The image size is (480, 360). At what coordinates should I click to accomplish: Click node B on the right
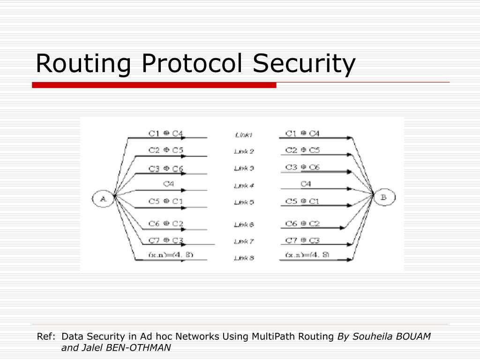[383, 198]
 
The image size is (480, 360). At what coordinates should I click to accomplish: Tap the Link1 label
[244, 135]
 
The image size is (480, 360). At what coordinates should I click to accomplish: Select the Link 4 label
[244, 186]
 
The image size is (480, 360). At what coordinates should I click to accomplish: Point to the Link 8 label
[244, 258]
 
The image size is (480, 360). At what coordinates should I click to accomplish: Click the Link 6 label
[244, 225]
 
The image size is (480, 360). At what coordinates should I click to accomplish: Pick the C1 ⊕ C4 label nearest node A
[166, 133]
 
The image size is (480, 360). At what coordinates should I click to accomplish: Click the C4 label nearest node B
[306, 184]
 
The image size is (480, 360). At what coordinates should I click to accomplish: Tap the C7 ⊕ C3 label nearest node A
[166, 240]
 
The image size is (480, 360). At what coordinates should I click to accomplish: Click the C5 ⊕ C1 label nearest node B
[302, 201]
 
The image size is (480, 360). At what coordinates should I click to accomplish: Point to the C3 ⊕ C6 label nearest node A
[166, 169]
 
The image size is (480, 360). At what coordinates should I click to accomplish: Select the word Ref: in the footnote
[46, 337]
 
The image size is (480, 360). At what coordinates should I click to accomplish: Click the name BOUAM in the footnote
[414, 337]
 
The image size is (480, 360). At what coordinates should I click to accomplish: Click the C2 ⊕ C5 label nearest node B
[302, 150]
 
